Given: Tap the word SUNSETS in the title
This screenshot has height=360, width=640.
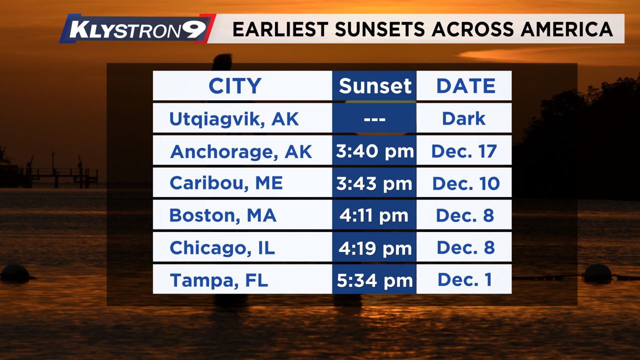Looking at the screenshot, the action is [380, 29].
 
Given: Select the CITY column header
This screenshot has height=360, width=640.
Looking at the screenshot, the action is [235, 85].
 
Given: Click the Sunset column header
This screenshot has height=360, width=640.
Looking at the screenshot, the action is [375, 85].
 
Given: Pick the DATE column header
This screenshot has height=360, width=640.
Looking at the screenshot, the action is [466, 85].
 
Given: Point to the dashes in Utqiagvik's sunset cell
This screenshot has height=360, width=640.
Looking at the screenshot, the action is [374, 119].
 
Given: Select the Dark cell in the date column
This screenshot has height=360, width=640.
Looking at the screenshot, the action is [463, 118].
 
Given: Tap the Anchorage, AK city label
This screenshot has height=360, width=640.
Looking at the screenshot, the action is [241, 151].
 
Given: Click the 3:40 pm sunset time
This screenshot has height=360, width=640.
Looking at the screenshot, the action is [374, 151].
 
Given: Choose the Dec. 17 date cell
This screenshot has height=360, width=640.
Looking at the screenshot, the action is [464, 151].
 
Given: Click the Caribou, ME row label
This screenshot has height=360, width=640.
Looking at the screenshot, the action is [226, 183].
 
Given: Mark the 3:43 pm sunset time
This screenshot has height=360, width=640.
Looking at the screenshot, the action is [374, 183].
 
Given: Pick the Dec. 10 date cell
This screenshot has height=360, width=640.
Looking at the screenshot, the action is [466, 183].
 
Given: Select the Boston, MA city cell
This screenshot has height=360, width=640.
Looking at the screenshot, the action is [223, 215].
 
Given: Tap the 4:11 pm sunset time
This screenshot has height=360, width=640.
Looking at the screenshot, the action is [374, 215].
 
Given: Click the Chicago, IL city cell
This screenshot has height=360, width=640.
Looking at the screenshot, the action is [222, 247].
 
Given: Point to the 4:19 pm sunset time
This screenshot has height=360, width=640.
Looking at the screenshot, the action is [375, 248].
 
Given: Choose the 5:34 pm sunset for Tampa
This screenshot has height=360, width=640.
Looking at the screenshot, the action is [374, 280].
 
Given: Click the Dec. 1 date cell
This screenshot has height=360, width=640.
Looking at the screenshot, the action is [465, 279].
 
